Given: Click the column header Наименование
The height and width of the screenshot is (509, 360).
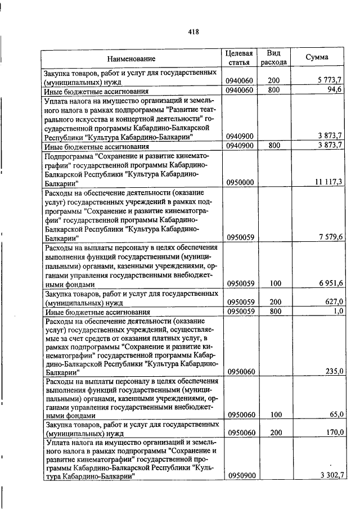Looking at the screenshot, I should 131,58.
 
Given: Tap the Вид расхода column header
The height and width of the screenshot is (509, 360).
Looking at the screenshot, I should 274,57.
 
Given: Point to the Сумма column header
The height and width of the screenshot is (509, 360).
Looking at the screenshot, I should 317,58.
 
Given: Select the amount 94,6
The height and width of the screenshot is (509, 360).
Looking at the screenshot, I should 336,90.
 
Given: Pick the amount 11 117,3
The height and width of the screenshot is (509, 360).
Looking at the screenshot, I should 327,182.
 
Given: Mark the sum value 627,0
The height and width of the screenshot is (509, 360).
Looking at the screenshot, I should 334,301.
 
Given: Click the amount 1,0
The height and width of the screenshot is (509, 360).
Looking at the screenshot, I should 338,310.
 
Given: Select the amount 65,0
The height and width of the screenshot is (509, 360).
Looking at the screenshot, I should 336,415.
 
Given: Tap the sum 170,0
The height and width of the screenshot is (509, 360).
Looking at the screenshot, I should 334,433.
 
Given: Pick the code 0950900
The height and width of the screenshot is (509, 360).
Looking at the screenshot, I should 241,476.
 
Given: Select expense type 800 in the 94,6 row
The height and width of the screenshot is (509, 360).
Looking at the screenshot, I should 274,90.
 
